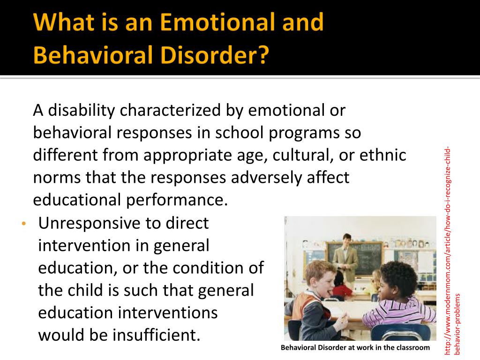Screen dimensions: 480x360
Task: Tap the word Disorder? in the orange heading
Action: [215, 55]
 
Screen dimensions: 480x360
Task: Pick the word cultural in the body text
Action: [303, 155]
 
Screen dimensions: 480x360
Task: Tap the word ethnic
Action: [382, 155]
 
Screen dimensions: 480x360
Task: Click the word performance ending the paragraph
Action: [177, 200]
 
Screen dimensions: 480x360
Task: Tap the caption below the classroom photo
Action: [355, 347]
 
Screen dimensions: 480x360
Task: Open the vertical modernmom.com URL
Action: [452, 251]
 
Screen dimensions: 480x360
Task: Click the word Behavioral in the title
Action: [94, 55]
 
